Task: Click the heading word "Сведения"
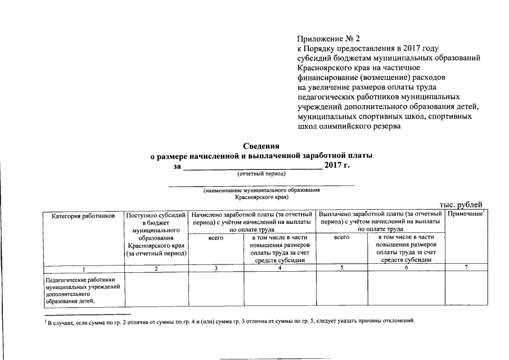point(262,146)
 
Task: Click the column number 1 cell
point(83,268)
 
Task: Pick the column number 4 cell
point(280,268)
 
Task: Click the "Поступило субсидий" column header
point(156,215)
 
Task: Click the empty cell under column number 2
point(156,289)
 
